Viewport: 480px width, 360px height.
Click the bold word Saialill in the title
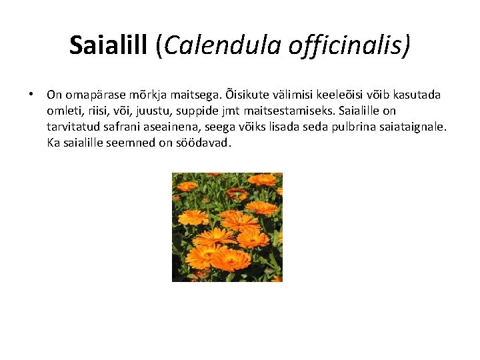pos(110,45)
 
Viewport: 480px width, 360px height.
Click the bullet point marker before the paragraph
pos(31,95)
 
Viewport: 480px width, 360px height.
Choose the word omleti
pos(64,111)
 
